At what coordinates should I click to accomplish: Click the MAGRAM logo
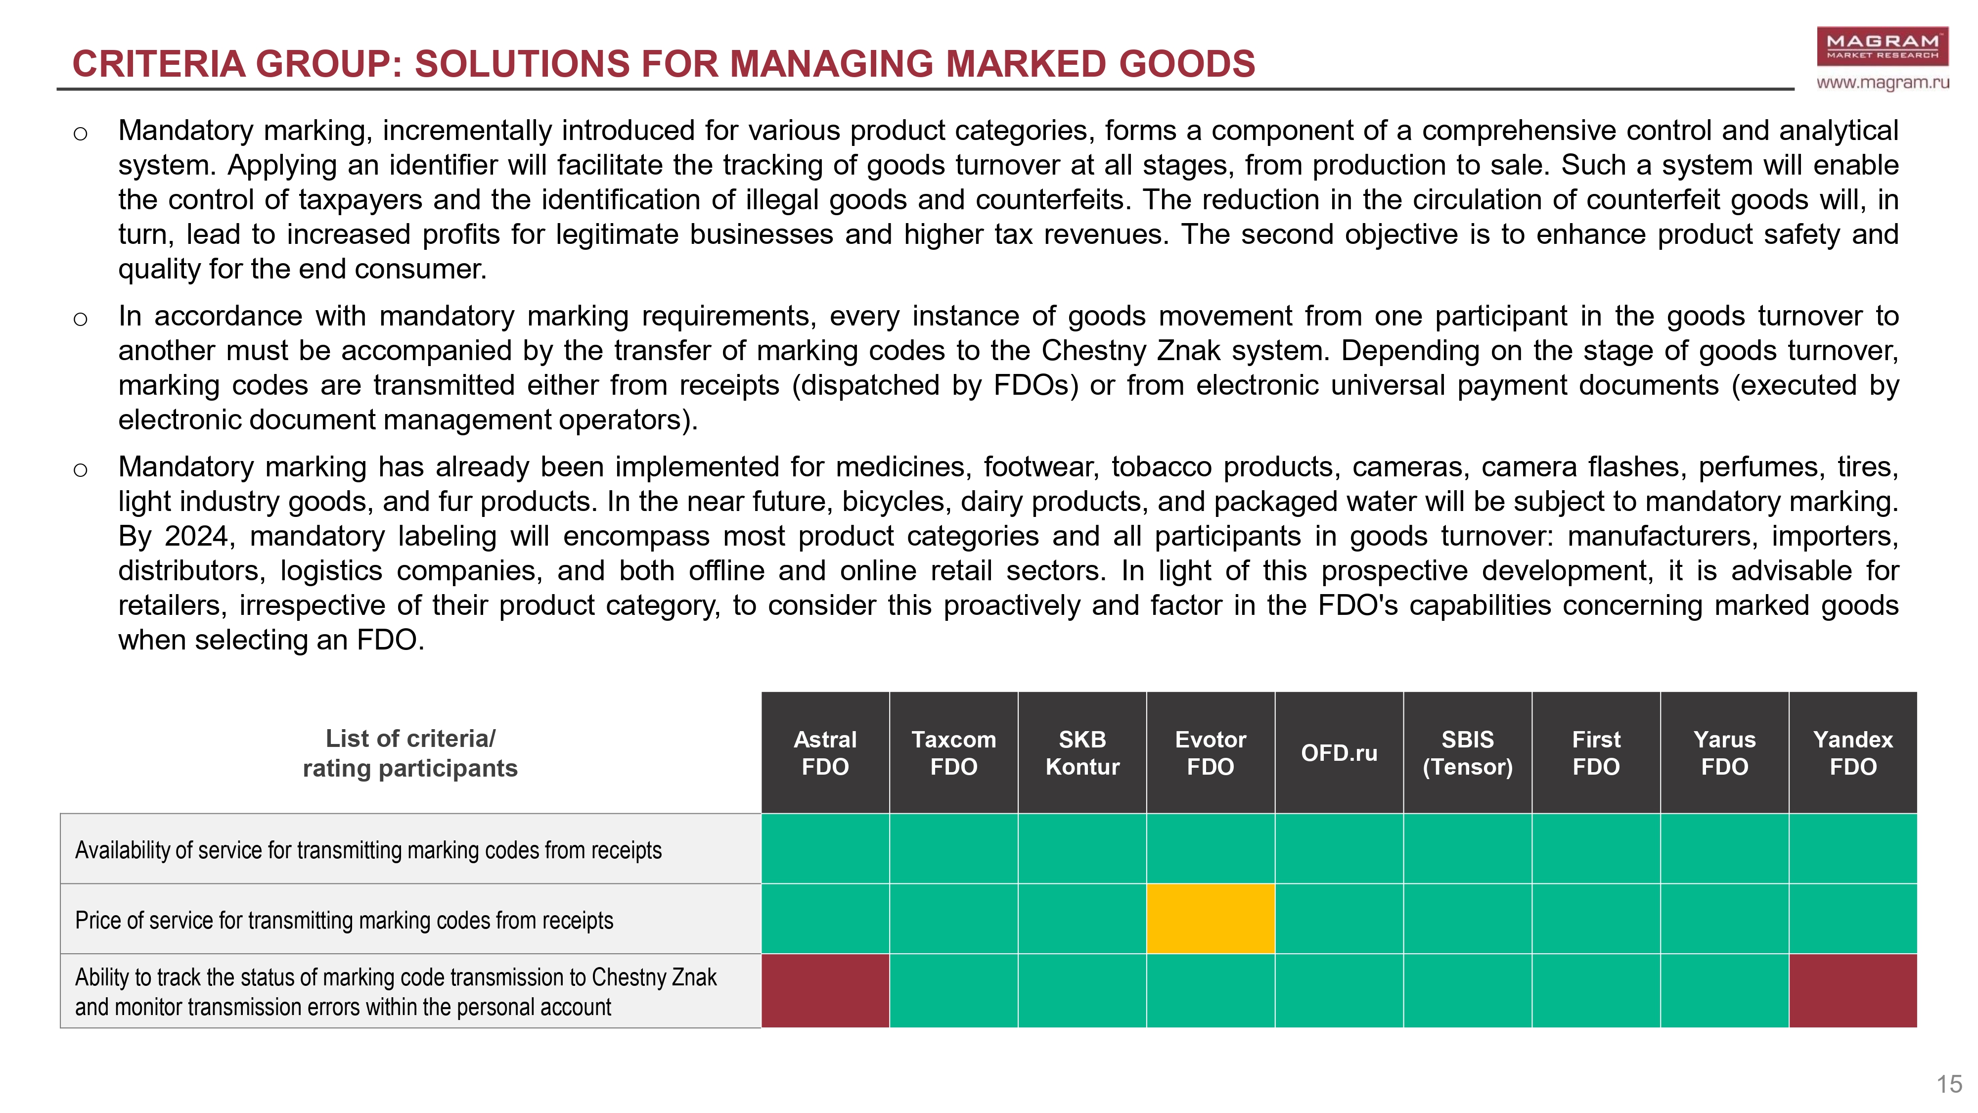pyautogui.click(x=1882, y=46)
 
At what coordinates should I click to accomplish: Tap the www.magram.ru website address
pyautogui.click(x=1882, y=82)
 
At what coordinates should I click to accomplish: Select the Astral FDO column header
pyautogui.click(x=825, y=753)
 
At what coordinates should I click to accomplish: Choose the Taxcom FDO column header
pyautogui.click(x=954, y=753)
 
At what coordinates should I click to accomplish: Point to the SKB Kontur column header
pyautogui.click(x=1082, y=753)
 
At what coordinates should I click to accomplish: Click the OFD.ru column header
pyautogui.click(x=1339, y=753)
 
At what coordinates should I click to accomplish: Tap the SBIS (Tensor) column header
pyautogui.click(x=1467, y=753)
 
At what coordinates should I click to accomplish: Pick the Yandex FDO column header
pyautogui.click(x=1853, y=753)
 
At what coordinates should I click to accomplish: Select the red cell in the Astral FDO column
pyautogui.click(x=825, y=991)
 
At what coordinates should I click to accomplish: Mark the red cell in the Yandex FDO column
pyautogui.click(x=1853, y=991)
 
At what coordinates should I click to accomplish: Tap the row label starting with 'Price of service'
pyautogui.click(x=344, y=920)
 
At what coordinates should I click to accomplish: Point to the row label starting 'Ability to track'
pyautogui.click(x=396, y=992)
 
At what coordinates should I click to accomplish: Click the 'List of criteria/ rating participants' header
pyautogui.click(x=410, y=753)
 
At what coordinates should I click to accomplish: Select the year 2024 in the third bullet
pyautogui.click(x=198, y=536)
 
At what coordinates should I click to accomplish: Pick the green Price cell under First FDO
pyautogui.click(x=1596, y=919)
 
